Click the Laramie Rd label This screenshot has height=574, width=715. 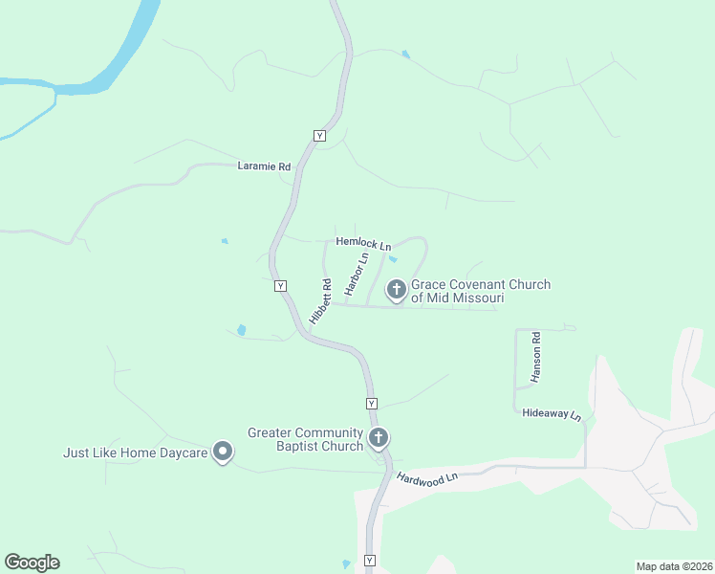pos(264,166)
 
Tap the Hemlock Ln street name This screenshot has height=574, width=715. pos(363,244)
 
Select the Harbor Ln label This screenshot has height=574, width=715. pos(357,274)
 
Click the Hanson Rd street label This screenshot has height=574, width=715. pos(536,356)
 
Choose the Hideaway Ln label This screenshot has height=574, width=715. pos(552,414)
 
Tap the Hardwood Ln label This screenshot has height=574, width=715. pos(427,477)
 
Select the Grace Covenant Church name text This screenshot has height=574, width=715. pos(481,292)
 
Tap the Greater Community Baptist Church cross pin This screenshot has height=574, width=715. pos(379,439)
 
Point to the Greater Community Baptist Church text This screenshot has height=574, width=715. pos(305,439)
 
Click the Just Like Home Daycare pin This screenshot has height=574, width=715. pos(223,451)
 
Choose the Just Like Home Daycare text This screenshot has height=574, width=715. pos(136,453)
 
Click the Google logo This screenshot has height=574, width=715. pos(32,563)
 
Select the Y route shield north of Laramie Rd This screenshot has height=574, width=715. pos(319,136)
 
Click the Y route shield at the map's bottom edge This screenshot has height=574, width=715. pos(370,561)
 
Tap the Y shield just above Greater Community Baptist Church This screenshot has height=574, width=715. pos(371,404)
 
